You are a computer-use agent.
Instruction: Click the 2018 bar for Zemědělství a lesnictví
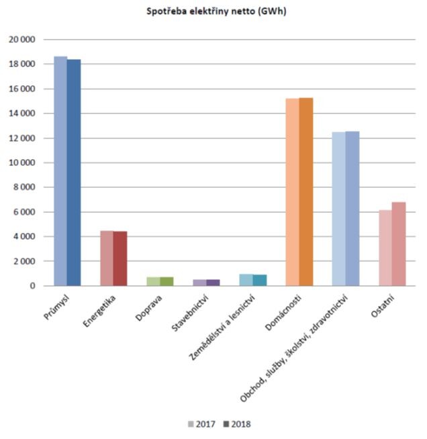pos(260,280)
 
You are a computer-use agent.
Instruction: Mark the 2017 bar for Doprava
pos(153,281)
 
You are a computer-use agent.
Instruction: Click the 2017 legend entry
pos(201,424)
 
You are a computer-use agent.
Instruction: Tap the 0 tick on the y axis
pos(32,286)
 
